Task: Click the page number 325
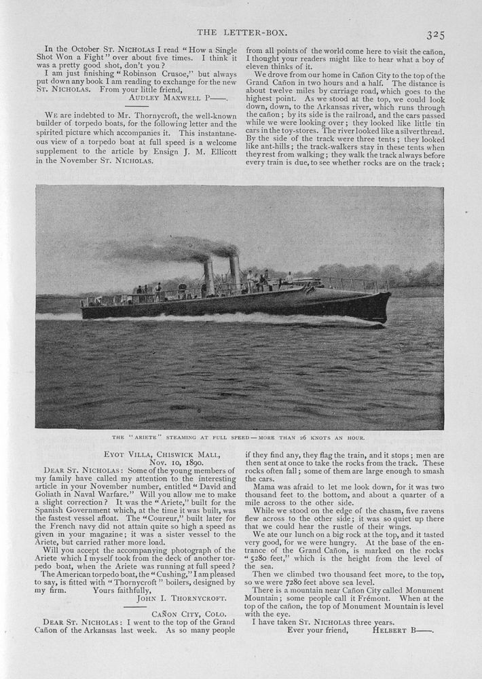point(435,35)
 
